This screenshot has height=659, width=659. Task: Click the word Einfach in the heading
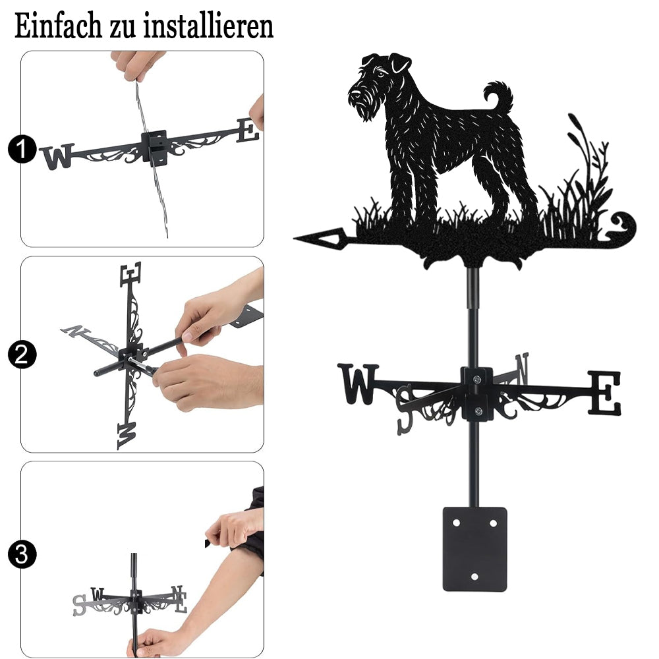pos(58,26)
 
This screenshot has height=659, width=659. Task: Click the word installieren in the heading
pos(208,26)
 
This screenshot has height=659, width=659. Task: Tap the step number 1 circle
pos(22,149)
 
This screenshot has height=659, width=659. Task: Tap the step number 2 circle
pos(22,355)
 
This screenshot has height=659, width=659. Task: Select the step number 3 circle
pos(22,554)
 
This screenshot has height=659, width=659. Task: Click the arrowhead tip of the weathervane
pos(295,239)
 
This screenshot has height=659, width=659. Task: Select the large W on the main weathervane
pos(358,384)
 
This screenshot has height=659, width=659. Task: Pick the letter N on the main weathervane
pos(521,368)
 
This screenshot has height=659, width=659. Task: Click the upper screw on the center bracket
pos(476,380)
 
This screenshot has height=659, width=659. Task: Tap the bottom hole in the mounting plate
pos(474,577)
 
